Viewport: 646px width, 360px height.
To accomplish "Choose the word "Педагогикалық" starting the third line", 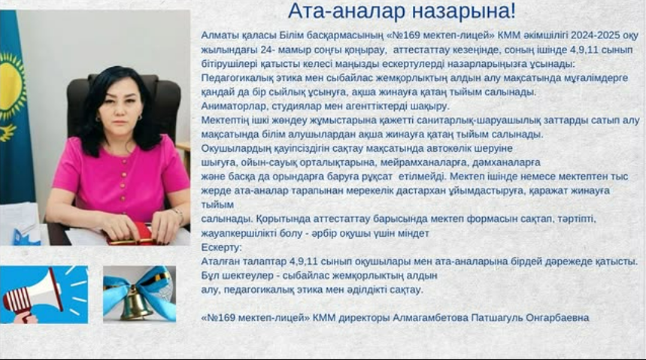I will (x=235, y=77).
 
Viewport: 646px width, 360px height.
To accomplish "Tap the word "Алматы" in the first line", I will (x=219, y=35).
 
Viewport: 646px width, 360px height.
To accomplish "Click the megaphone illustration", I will (x=44, y=294).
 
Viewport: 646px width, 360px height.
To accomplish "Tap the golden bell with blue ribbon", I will (x=139, y=295).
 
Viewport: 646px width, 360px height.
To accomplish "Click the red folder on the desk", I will (x=135, y=233).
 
